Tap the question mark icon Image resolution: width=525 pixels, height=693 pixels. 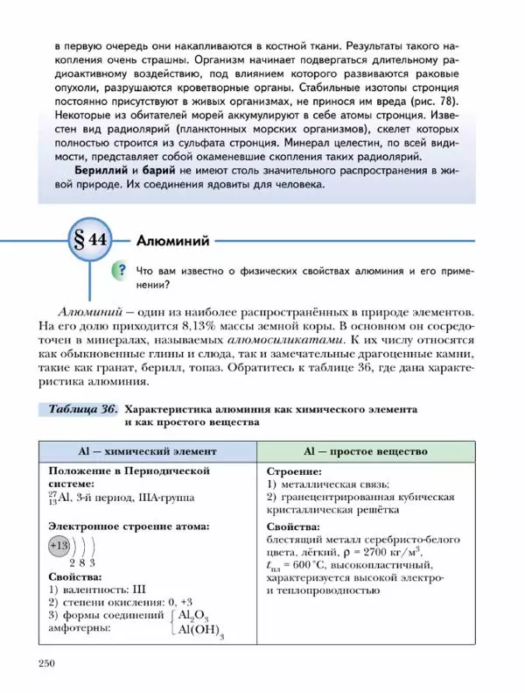pyautogui.click(x=122, y=270)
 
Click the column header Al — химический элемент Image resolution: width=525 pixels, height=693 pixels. pyautogui.click(x=146, y=451)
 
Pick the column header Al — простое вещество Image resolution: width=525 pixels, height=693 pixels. pyautogui.click(x=366, y=451)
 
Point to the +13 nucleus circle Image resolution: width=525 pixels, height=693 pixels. pyautogui.click(x=59, y=546)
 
